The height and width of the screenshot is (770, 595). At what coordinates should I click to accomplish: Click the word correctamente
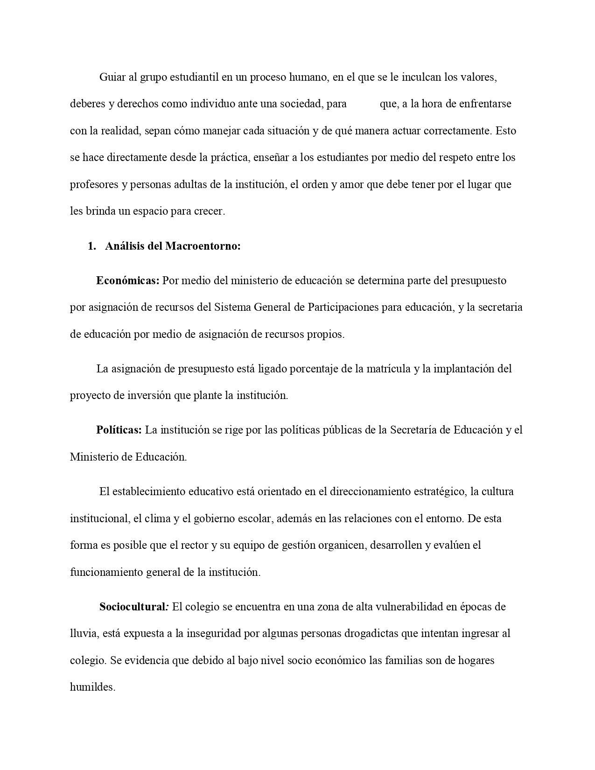[x=458, y=131]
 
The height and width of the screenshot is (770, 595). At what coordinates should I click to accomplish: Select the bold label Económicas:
[x=128, y=280]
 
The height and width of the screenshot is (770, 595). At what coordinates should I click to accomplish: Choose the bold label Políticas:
[x=119, y=430]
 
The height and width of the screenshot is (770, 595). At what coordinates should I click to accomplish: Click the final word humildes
[x=92, y=687]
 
